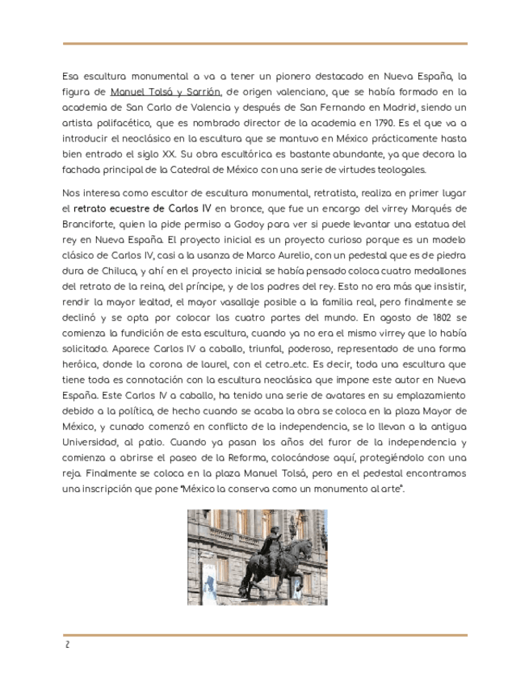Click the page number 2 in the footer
[67, 643]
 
